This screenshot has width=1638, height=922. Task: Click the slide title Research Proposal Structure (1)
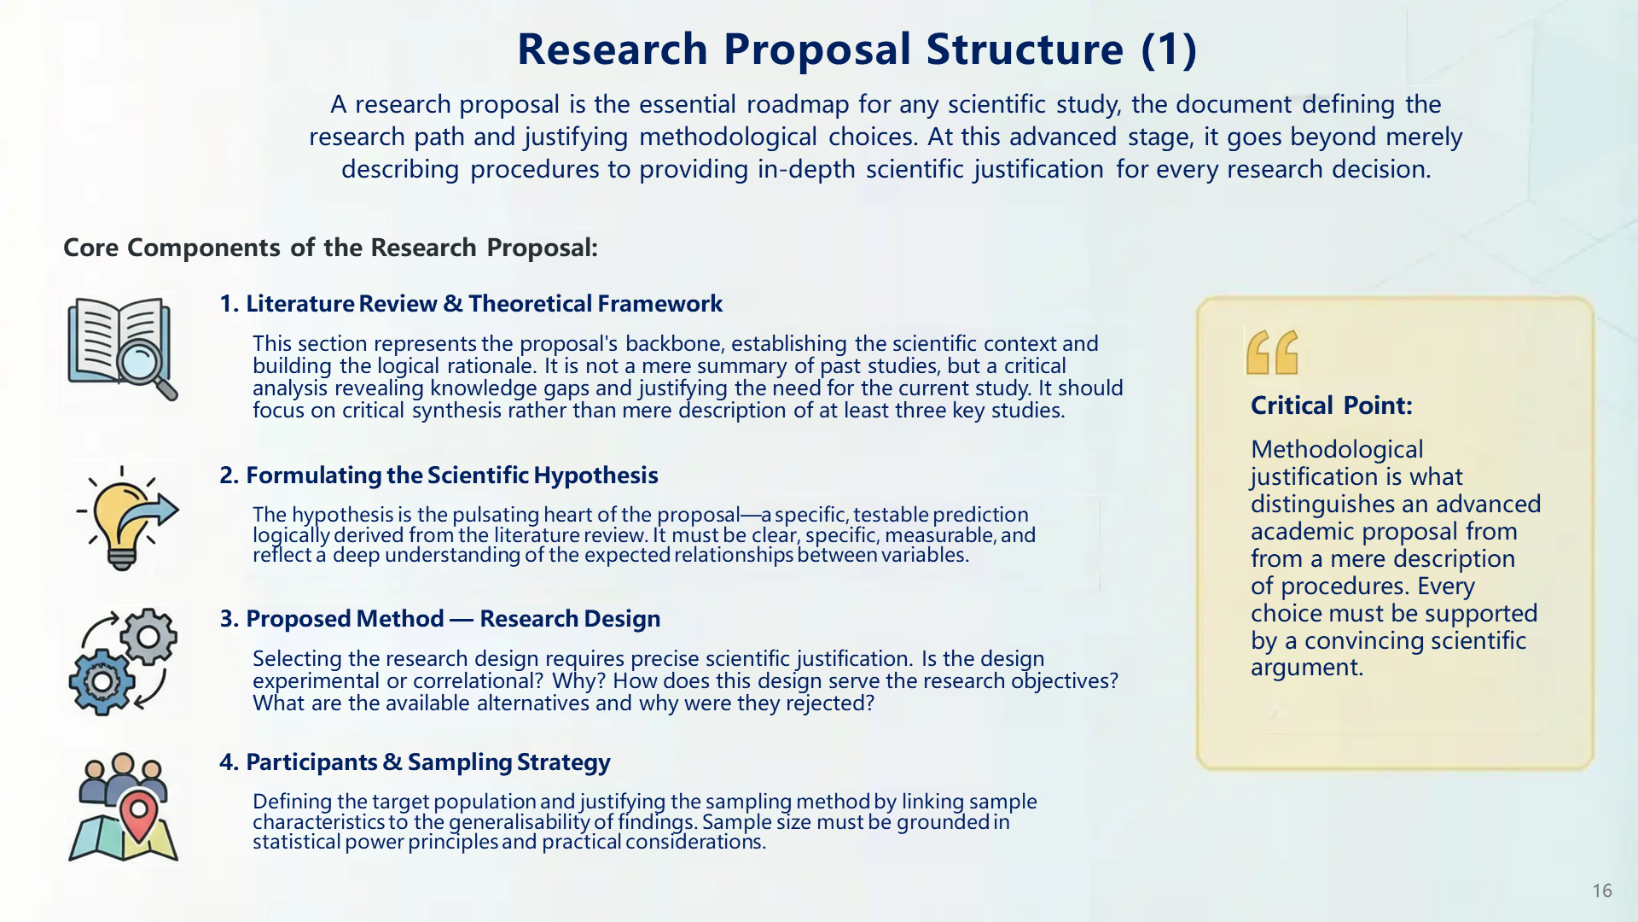tap(857, 50)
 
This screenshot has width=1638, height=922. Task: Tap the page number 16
tap(1601, 891)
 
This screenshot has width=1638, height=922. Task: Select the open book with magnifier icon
tap(122, 348)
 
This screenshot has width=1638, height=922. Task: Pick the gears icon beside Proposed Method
tap(123, 662)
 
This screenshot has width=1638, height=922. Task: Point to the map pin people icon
tap(123, 807)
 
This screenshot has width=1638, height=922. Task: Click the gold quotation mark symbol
tap(1272, 353)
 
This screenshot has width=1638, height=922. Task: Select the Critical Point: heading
tap(1331, 406)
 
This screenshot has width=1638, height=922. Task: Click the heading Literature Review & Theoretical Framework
tap(471, 304)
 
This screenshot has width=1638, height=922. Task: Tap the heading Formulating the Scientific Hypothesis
tap(439, 476)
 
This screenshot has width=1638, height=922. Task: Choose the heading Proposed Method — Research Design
tap(440, 619)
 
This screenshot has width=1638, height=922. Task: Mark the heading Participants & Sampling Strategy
tap(415, 762)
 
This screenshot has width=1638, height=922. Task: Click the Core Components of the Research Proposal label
tap(330, 248)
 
